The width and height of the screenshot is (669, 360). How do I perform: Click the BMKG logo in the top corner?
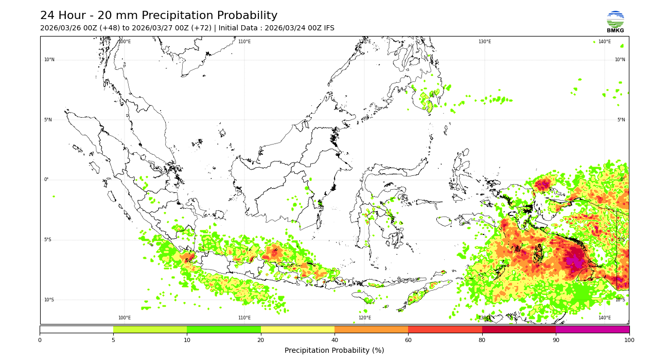(615, 22)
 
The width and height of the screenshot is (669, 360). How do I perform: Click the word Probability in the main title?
(243, 16)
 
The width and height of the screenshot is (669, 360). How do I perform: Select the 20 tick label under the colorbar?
(261, 340)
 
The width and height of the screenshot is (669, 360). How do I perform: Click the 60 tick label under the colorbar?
(408, 340)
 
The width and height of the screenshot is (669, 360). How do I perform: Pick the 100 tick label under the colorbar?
(629, 340)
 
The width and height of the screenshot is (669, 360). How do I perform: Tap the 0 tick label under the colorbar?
(40, 340)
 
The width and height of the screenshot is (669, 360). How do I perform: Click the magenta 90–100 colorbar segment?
(592, 329)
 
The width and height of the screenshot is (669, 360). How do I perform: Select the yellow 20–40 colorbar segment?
(297, 329)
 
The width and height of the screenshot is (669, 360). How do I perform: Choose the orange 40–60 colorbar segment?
(371, 329)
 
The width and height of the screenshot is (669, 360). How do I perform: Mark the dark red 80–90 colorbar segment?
(519, 329)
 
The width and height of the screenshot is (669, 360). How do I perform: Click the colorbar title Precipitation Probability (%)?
(334, 351)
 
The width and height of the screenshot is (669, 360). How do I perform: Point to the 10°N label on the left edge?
(49, 60)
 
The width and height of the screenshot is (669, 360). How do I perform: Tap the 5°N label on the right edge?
(621, 120)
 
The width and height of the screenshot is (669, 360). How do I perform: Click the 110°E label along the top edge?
(244, 42)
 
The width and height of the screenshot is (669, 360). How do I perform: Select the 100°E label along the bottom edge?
(125, 318)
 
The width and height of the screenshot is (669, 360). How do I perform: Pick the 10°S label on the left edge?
(49, 300)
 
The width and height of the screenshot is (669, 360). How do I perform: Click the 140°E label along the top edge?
(605, 42)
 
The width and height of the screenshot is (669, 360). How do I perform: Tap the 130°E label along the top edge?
(485, 42)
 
